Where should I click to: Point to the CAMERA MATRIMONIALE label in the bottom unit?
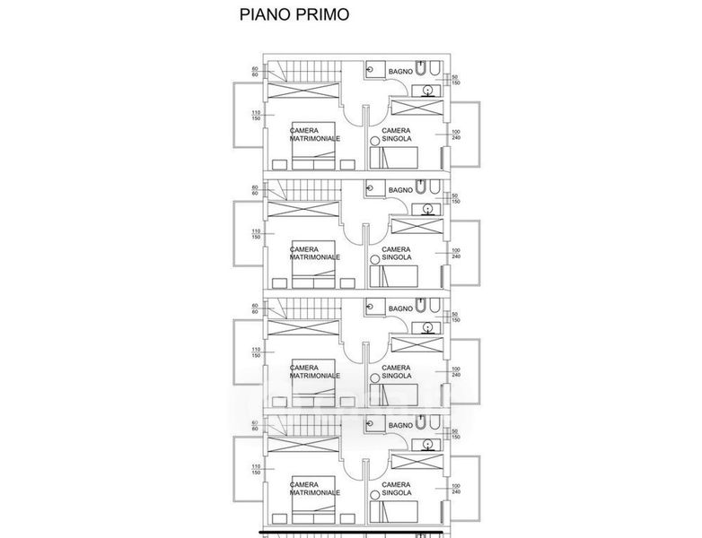coord(314,489)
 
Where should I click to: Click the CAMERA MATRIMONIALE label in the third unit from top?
coord(314,371)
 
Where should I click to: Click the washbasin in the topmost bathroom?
coord(429,90)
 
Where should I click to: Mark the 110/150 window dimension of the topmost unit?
coord(256,115)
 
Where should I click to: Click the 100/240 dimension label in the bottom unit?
coord(456,489)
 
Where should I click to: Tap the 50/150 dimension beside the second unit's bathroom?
coord(455,199)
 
